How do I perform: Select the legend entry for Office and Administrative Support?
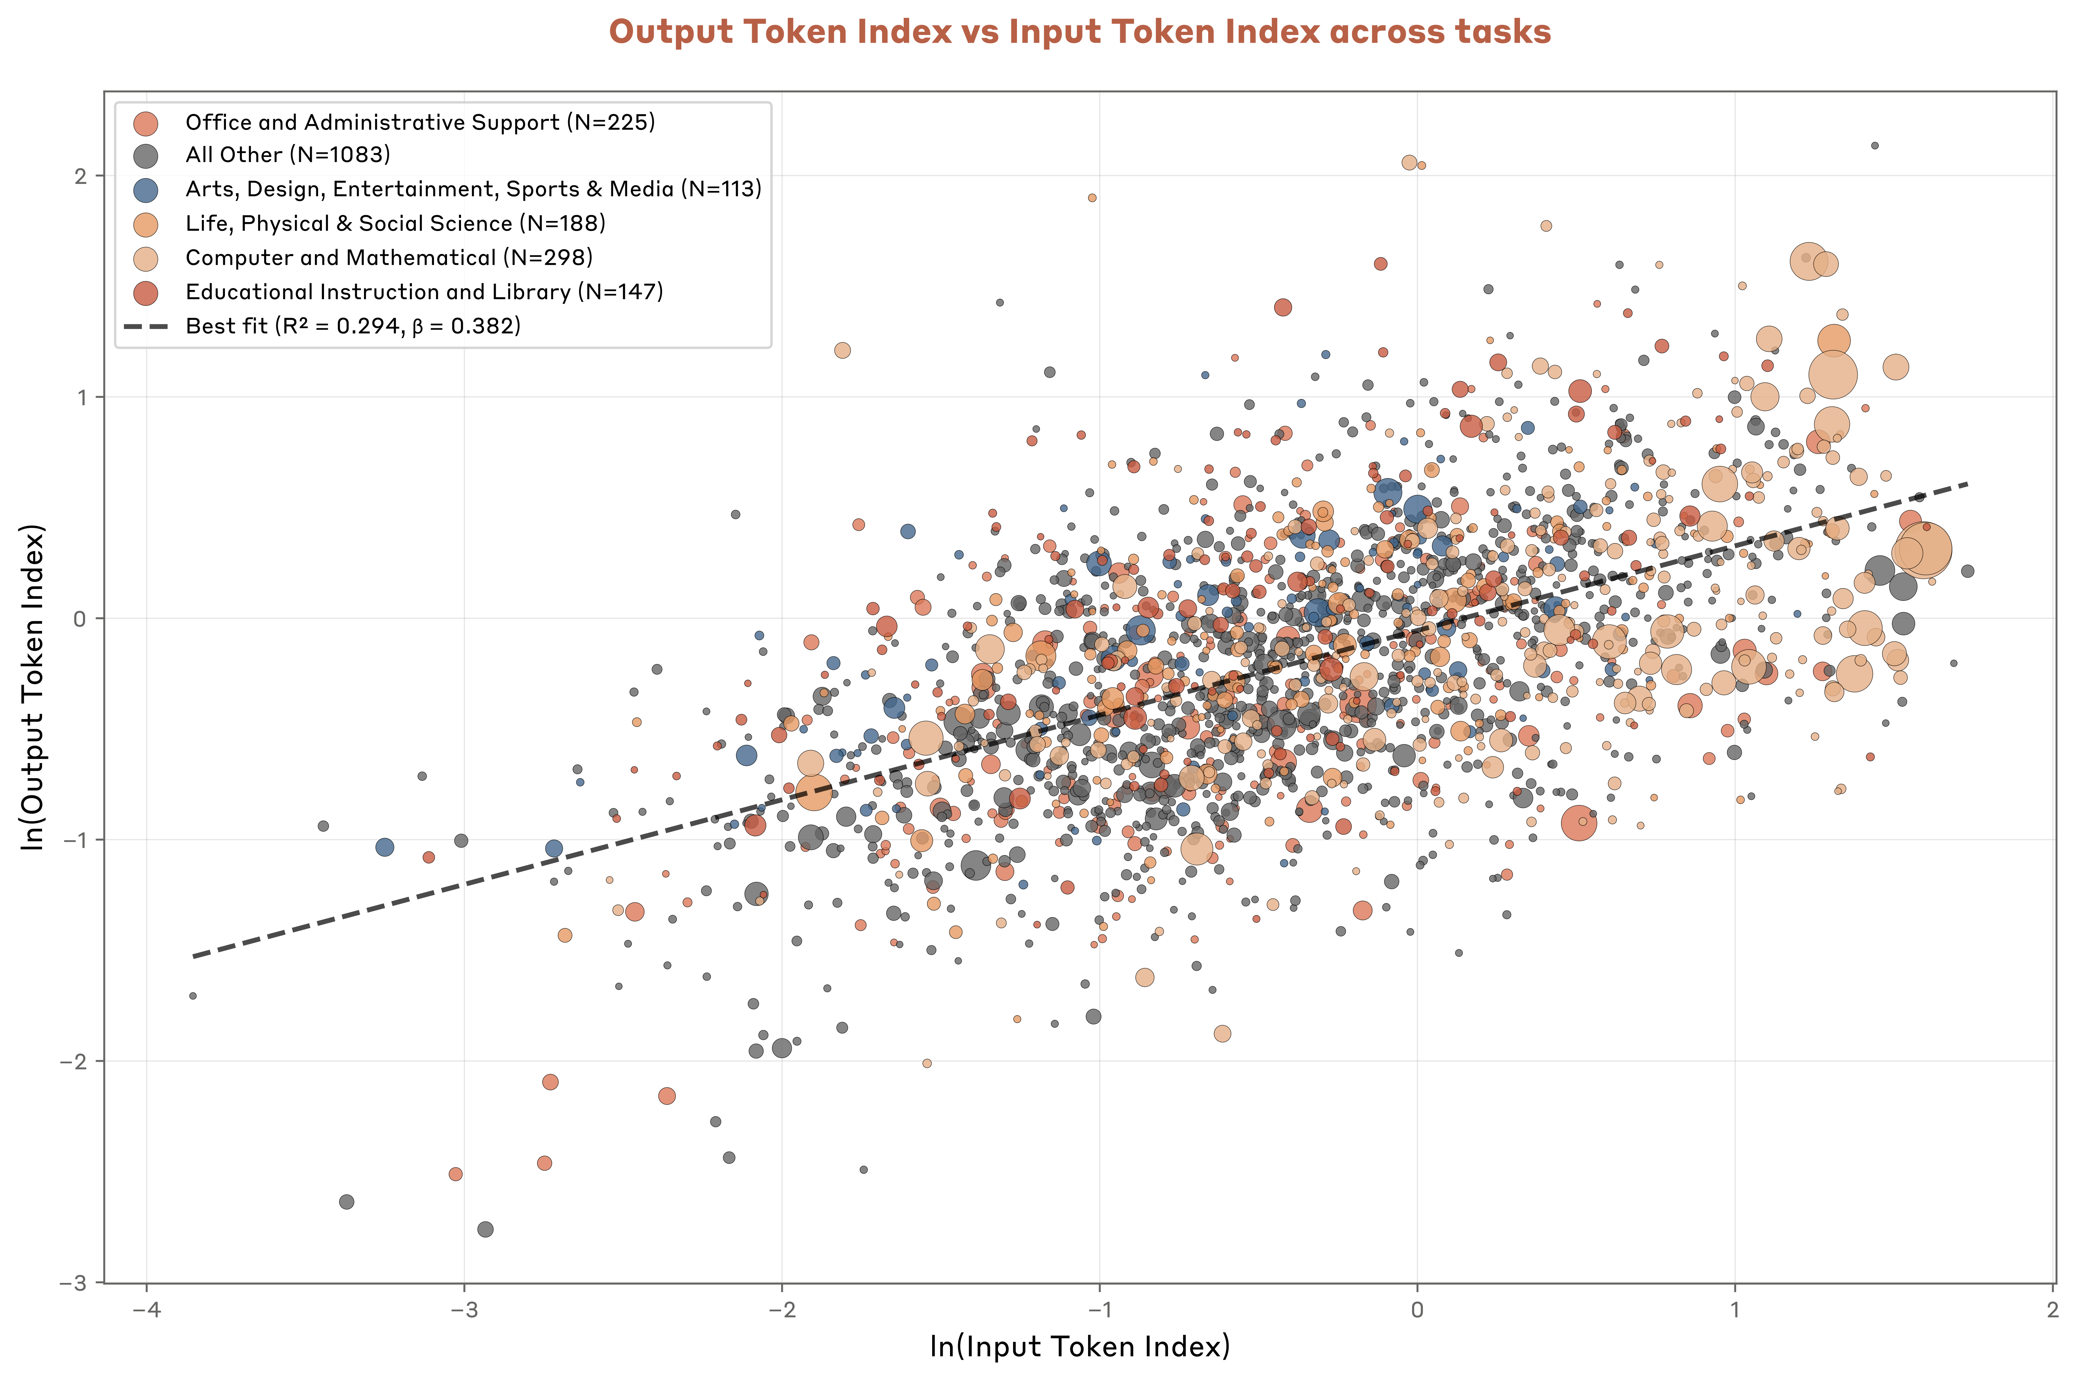tap(420, 122)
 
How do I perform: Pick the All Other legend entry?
tap(288, 155)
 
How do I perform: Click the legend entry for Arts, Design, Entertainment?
tap(473, 189)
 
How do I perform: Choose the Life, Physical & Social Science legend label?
tap(395, 224)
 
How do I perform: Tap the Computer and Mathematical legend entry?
tap(388, 258)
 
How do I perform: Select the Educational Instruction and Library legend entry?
tap(424, 292)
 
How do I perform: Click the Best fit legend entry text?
tap(353, 327)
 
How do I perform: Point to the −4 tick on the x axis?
tap(146, 1310)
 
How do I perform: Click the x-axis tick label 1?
tap(1735, 1310)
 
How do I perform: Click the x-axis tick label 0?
tap(1417, 1310)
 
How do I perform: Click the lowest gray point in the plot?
tap(485, 1229)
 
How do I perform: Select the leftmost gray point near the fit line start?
tap(193, 995)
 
